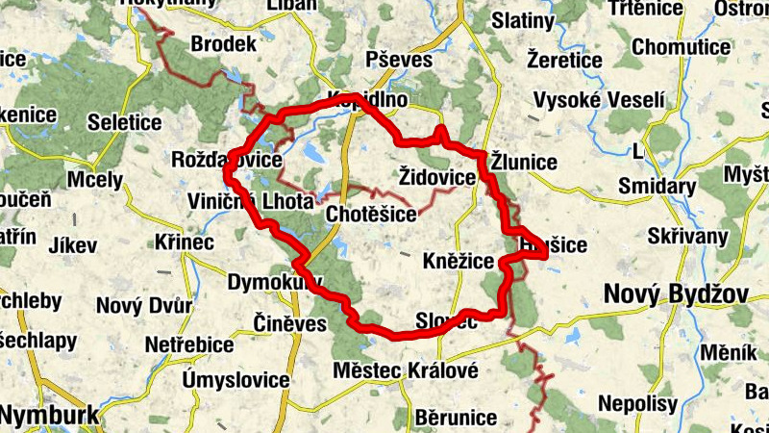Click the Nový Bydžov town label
click(676, 293)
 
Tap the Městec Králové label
click(405, 370)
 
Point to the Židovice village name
click(436, 178)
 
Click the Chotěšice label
click(371, 213)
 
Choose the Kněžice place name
click(459, 262)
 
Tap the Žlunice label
click(524, 161)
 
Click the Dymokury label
click(273, 282)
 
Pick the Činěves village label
click(290, 322)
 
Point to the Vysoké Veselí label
click(599, 100)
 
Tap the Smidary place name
click(657, 186)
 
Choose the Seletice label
click(124, 122)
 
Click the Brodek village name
click(224, 44)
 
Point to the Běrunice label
click(457, 418)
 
